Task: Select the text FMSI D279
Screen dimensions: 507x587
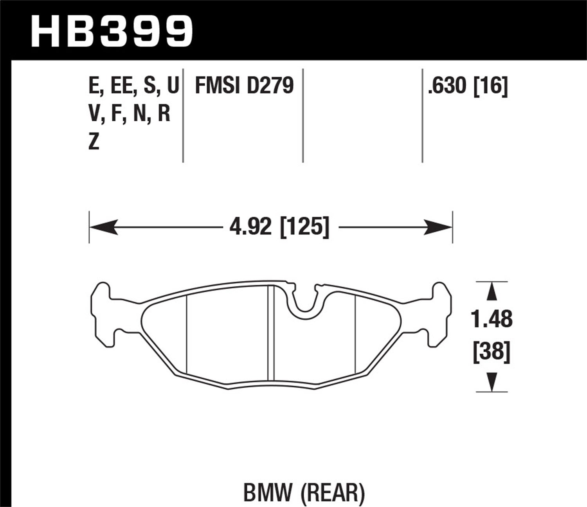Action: point(244,86)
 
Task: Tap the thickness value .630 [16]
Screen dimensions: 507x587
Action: point(468,86)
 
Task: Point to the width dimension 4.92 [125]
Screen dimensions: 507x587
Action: point(279,227)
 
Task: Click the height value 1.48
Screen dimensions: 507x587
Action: point(492,320)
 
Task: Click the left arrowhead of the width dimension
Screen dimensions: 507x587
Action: point(104,227)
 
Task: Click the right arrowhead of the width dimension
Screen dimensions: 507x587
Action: point(438,227)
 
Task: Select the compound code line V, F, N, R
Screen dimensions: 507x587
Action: point(130,114)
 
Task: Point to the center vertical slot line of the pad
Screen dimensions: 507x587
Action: point(270,333)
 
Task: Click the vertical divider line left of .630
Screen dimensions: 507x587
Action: point(422,115)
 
